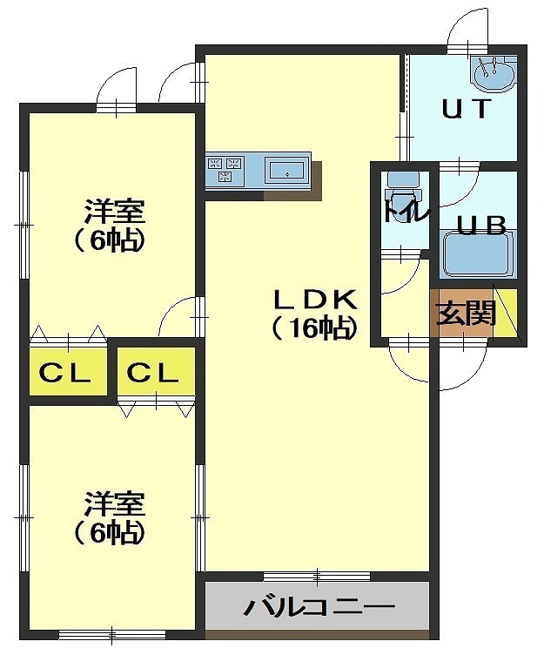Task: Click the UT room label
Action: (x=467, y=109)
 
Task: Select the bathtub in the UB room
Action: (x=476, y=254)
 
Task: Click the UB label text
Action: (x=481, y=226)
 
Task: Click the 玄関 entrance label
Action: (x=467, y=313)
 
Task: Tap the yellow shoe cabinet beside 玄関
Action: (x=505, y=313)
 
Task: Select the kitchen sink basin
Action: (x=287, y=170)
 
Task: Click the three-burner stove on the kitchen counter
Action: (x=225, y=170)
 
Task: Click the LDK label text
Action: (x=316, y=300)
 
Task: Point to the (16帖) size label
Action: (x=314, y=328)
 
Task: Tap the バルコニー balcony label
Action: (x=319, y=607)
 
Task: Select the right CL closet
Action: (x=156, y=372)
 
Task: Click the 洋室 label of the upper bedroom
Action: (x=114, y=212)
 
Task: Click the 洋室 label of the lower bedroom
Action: (x=114, y=503)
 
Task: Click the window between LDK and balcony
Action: (x=317, y=576)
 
